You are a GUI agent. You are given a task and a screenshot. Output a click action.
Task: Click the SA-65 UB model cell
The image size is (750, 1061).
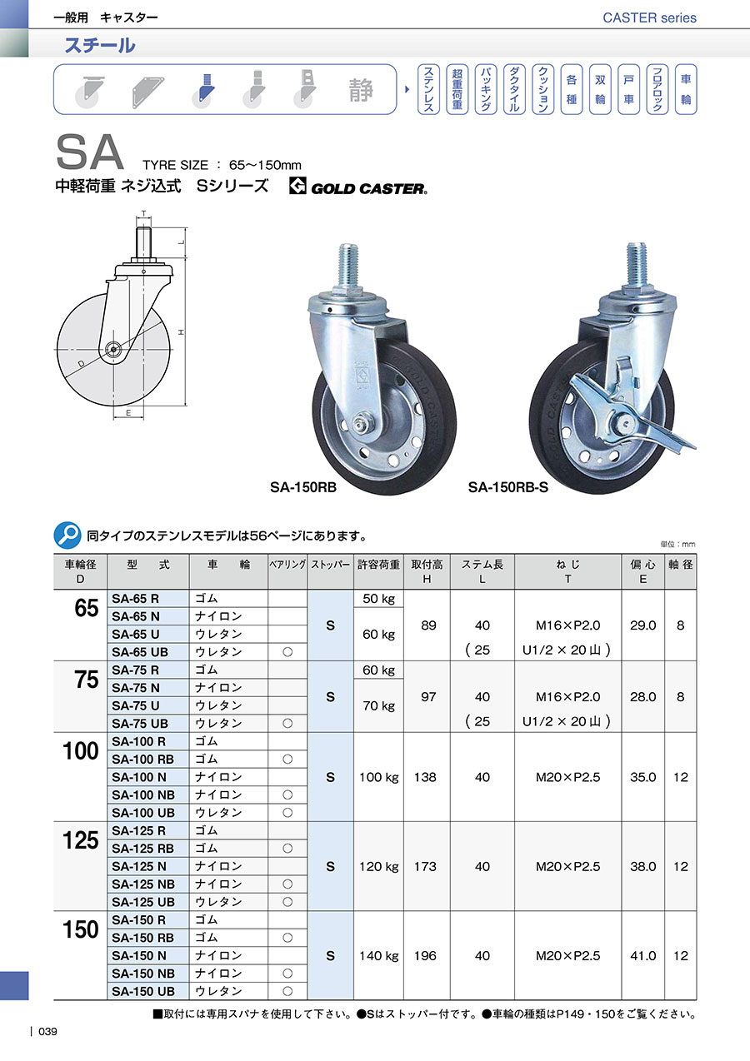[x=140, y=652]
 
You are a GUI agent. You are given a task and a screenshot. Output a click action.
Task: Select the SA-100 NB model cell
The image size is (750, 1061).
[x=143, y=795]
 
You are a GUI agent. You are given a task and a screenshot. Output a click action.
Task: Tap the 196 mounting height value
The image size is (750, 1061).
[x=425, y=956]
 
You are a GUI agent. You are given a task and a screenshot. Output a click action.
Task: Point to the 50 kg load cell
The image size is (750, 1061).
[x=378, y=599]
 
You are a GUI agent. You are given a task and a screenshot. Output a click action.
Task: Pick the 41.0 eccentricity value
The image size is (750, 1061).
[x=642, y=956]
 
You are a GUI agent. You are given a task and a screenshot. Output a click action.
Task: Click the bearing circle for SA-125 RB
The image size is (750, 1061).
[x=287, y=849]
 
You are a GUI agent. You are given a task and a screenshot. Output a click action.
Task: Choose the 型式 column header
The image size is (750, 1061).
[x=147, y=565]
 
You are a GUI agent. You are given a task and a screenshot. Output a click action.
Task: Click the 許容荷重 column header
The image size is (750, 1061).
[x=378, y=565]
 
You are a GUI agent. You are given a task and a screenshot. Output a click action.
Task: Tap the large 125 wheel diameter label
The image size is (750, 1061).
[x=81, y=841]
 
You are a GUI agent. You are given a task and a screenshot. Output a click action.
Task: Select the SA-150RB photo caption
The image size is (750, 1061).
[x=303, y=487]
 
